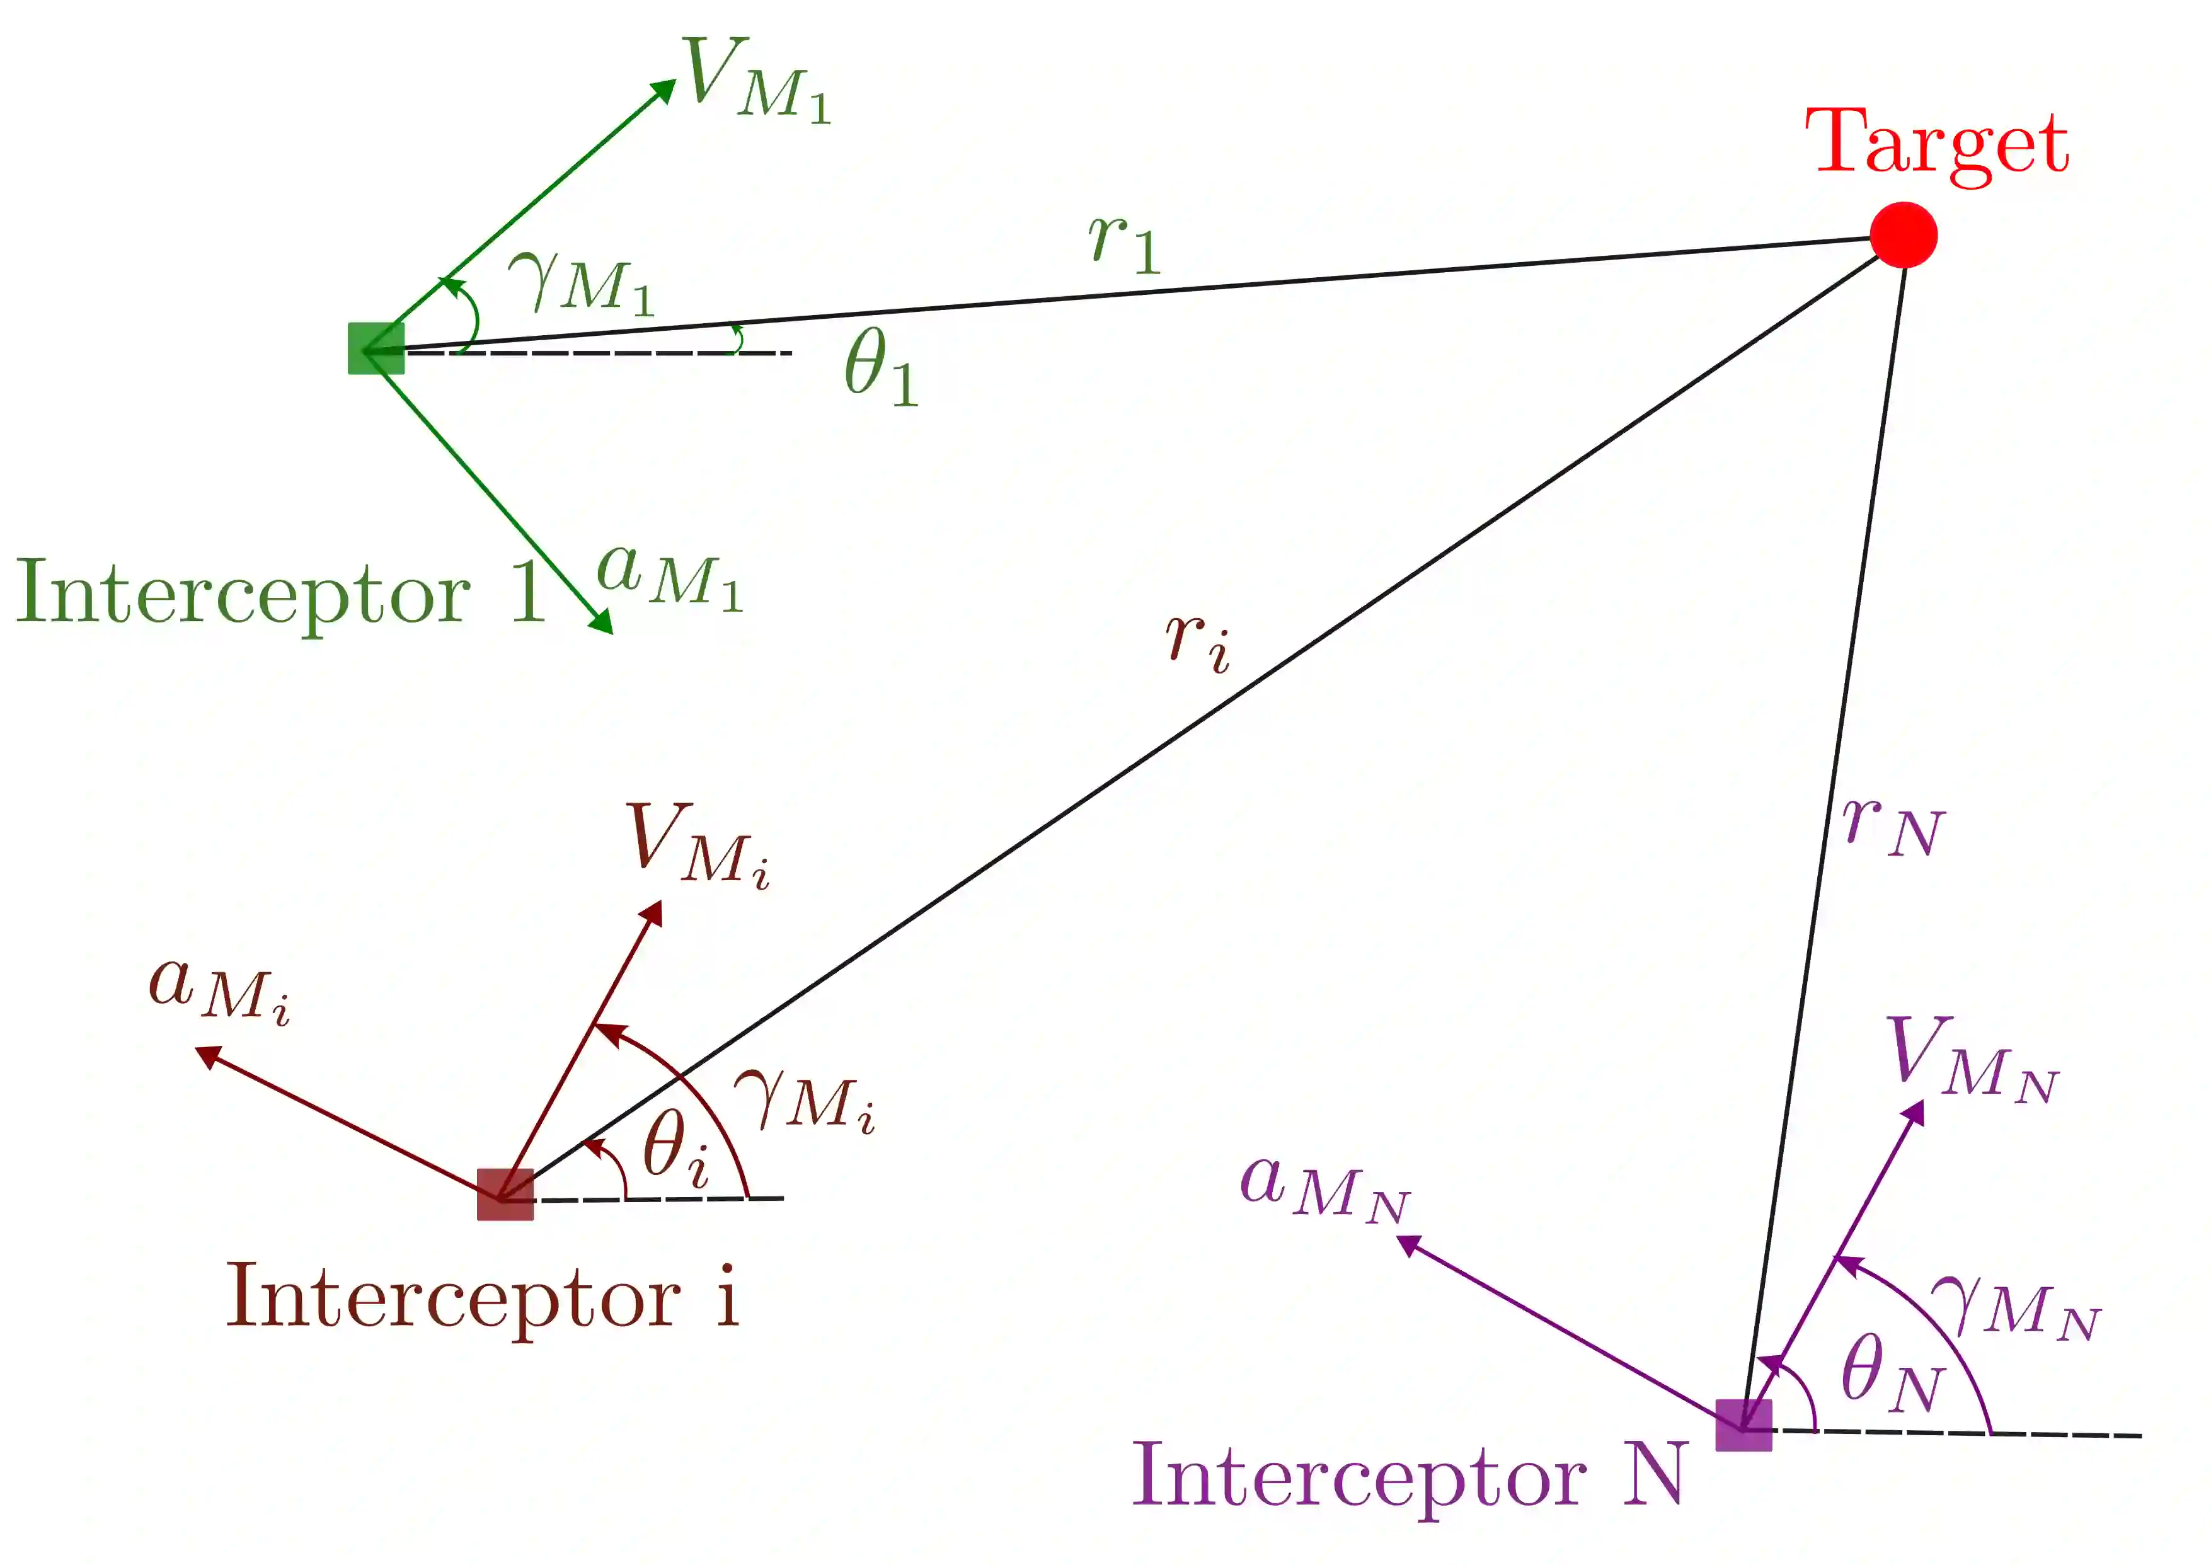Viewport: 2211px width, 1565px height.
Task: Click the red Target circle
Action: (1903, 234)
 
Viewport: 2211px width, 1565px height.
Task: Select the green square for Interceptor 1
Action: (375, 348)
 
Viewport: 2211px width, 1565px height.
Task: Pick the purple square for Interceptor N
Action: (1743, 1425)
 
